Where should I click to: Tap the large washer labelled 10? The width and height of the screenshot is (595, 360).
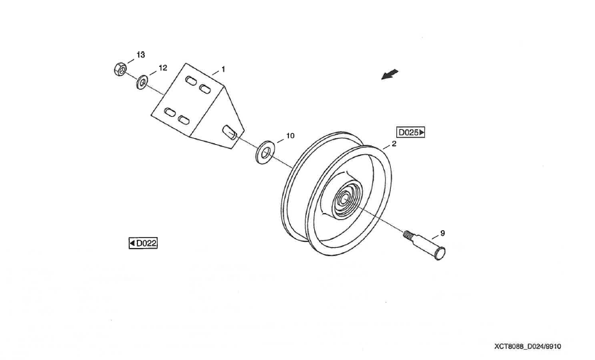[264, 152]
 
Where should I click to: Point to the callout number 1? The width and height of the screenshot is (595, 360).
[223, 70]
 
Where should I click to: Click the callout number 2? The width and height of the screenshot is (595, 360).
[394, 145]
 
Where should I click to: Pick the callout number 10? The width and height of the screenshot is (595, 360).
[290, 136]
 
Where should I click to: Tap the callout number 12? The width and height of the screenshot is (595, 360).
[163, 68]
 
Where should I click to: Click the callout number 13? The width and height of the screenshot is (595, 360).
[141, 54]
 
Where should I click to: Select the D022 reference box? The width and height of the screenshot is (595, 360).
[143, 243]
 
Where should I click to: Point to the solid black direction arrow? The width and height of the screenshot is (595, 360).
[389, 74]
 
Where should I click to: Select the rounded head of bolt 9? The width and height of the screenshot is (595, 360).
[441, 253]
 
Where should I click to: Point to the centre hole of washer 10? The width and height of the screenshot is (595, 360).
[265, 153]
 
